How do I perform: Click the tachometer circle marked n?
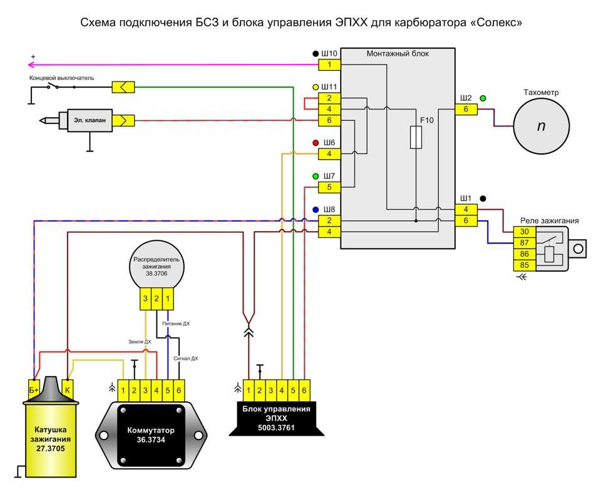pos(541,126)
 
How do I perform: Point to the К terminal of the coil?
pos(69,388)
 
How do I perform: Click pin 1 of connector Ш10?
pos(329,64)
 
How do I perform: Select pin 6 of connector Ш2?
pos(466,110)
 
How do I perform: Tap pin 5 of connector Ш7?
pos(329,187)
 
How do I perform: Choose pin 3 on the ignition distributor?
pos(145,300)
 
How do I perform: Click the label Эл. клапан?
pos(86,119)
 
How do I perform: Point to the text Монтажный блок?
pos(397,54)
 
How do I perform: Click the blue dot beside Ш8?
pos(315,209)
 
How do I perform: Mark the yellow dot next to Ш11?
pos(315,86)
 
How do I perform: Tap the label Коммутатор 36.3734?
pos(150,436)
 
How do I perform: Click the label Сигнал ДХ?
pos(185,358)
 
